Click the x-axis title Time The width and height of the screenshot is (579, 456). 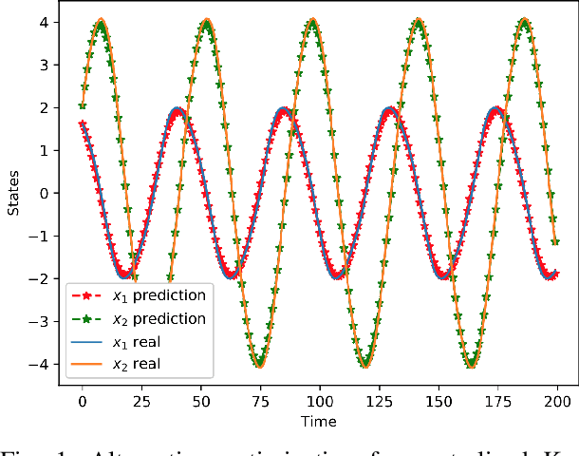click(x=320, y=420)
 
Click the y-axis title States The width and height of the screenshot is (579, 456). click(x=13, y=195)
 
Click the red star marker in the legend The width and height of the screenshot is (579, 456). click(x=89, y=295)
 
